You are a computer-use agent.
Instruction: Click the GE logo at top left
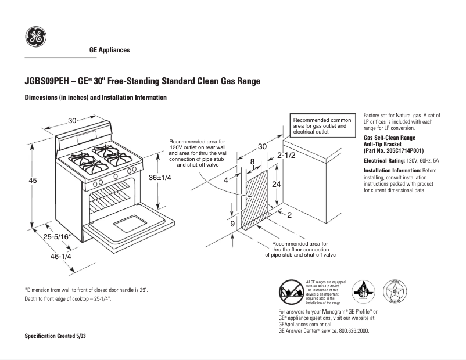(x=35, y=38)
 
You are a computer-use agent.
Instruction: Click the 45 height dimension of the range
(x=33, y=181)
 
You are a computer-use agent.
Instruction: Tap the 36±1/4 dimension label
(x=160, y=178)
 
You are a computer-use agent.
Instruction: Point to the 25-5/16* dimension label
(x=58, y=236)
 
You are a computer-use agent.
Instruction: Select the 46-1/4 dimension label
(x=61, y=256)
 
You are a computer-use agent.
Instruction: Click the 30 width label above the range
(x=72, y=120)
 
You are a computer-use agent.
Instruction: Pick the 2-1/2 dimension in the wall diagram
(x=286, y=155)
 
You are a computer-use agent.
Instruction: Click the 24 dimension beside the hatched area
(x=277, y=183)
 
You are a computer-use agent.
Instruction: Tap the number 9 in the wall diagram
(x=232, y=224)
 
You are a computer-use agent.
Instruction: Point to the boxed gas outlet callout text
(x=320, y=125)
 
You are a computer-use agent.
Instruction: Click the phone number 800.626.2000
(x=349, y=330)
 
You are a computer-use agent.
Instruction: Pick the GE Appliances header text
(x=109, y=50)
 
